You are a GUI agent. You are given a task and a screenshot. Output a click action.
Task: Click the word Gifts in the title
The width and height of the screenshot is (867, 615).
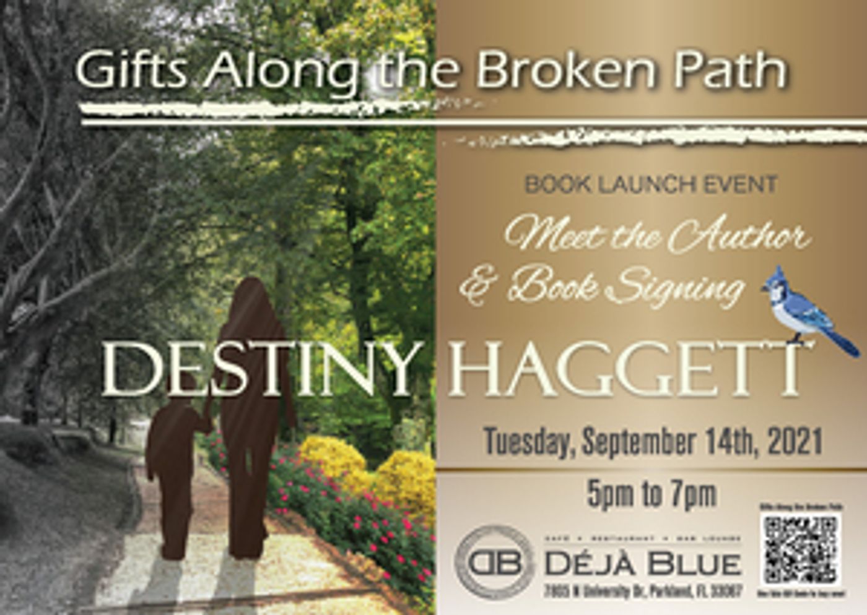pos(131,69)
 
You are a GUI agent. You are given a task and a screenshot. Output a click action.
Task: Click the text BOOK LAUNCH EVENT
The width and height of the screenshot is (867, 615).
pos(650,184)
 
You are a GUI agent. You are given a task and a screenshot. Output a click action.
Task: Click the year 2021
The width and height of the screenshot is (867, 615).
pos(795,442)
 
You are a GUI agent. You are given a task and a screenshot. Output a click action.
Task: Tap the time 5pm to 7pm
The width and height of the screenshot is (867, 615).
pos(651,494)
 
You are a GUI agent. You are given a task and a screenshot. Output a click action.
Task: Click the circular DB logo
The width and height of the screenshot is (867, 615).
pos(494,562)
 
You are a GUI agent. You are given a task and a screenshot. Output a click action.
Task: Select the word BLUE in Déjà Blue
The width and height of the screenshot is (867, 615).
pos(695,563)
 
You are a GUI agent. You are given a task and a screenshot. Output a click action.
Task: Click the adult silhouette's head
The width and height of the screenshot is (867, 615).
pos(251,297)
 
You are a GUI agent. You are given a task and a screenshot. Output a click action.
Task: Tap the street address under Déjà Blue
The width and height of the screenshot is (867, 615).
pos(643,591)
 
